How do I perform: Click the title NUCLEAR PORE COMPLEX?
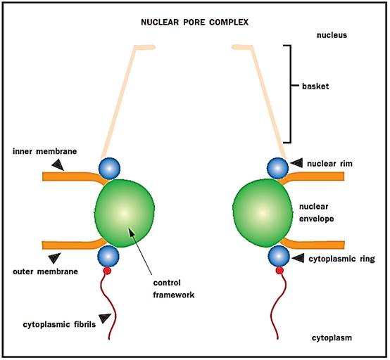[x=194, y=22]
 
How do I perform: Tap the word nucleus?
[x=332, y=35]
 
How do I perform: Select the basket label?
[x=315, y=86]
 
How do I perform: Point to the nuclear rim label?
[x=329, y=164]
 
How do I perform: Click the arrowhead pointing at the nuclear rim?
[x=297, y=162]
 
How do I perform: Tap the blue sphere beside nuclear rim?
[x=277, y=168]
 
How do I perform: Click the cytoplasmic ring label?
[x=341, y=259]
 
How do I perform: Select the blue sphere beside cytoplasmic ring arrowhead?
[x=279, y=256]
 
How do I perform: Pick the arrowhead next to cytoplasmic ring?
[x=298, y=258]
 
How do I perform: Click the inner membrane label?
[x=45, y=151]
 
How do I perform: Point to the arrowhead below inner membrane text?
[x=58, y=165]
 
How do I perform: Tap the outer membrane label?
[x=45, y=271]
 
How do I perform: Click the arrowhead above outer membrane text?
[x=54, y=258]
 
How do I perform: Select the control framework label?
[x=174, y=289]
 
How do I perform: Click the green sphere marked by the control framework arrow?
[x=125, y=213]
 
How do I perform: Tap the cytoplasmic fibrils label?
[x=59, y=324]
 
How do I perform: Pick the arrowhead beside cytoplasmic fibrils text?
[x=105, y=319]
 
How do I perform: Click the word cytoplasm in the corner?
[x=332, y=338]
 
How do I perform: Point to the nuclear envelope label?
[x=316, y=212]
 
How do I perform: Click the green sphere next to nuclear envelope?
[x=263, y=213]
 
